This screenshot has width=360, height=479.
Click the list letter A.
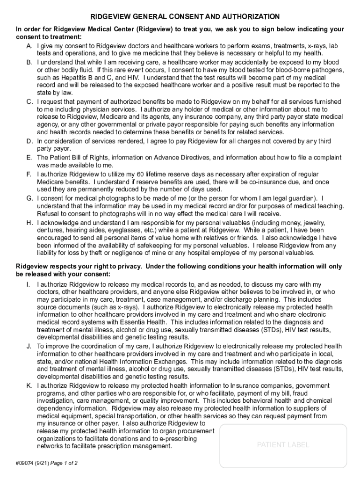(29, 46)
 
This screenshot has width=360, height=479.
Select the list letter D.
(29, 141)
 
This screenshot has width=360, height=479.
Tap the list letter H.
(29, 223)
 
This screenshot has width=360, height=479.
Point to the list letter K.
(29, 386)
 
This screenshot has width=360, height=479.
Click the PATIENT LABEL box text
(283, 445)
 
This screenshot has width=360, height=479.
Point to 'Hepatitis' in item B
(69, 78)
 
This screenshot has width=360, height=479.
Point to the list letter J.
(29, 346)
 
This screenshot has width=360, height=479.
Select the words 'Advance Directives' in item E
(181, 158)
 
